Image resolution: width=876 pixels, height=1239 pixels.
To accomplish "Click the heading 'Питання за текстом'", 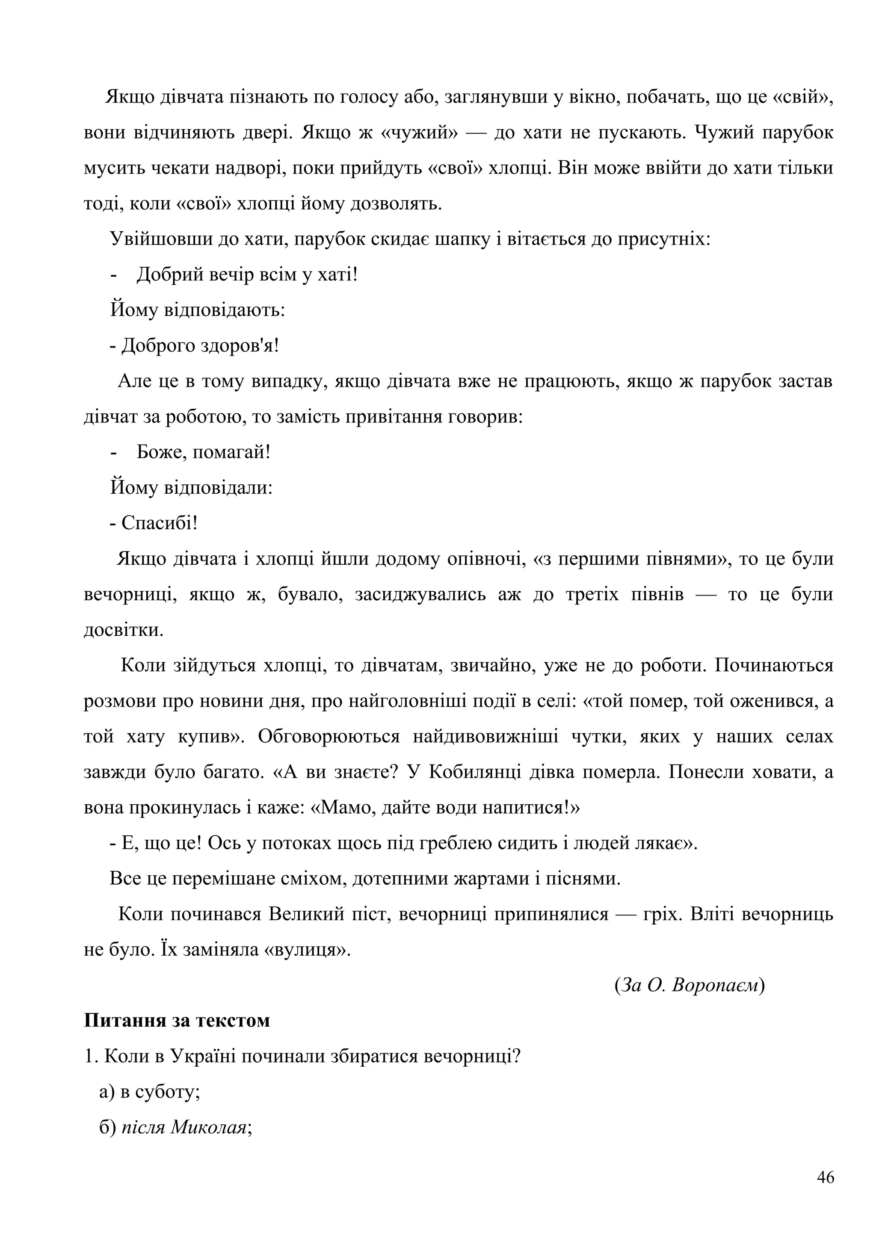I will [177, 1021].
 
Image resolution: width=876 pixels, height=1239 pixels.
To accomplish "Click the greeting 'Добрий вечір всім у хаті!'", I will [247, 274].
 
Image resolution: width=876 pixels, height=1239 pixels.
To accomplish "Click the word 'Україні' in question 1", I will [203, 1056].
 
